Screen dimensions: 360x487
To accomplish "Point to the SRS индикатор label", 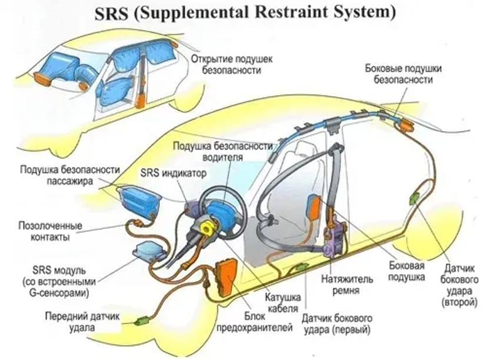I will (174, 174).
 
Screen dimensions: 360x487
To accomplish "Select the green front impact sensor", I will (142, 321).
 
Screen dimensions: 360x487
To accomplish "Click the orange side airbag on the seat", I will (314, 211).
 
